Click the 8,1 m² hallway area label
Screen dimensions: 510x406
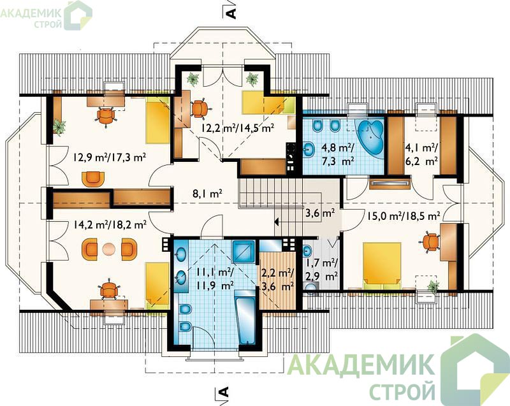click(207, 194)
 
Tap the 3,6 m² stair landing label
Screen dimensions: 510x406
click(320, 214)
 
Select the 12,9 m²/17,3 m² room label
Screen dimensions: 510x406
click(109, 157)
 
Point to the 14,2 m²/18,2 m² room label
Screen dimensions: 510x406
click(109, 224)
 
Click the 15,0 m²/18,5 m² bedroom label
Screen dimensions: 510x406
click(404, 215)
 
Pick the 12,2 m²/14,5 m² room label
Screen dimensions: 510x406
click(237, 127)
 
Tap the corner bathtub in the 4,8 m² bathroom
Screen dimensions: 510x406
click(371, 138)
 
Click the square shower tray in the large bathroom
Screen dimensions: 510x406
click(244, 252)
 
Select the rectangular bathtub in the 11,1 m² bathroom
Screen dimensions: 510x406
click(245, 316)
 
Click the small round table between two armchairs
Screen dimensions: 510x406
click(108, 249)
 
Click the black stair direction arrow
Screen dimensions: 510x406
click(277, 222)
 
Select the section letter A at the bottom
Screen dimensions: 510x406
click(224, 392)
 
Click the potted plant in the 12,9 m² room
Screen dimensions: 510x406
click(59, 126)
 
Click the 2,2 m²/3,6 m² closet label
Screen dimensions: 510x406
click(278, 280)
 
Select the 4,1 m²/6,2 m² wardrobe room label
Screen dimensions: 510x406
click(421, 154)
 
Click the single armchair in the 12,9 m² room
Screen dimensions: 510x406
click(93, 179)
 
